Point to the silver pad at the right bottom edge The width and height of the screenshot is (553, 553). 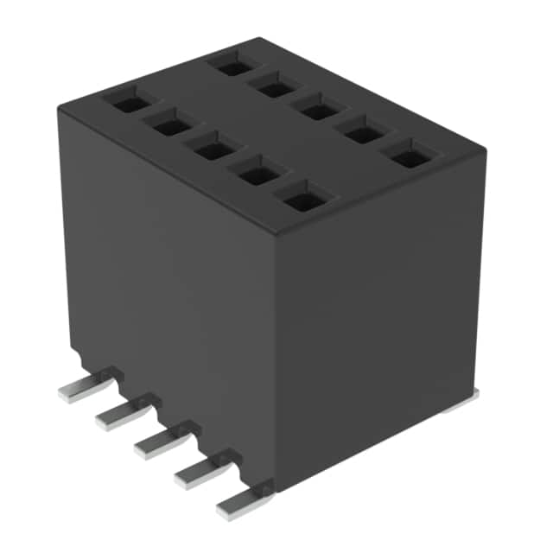pos(463,398)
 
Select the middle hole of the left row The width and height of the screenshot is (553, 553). pos(212,149)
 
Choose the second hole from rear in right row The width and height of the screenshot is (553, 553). pos(275,87)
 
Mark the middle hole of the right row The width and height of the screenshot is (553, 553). pos(319,111)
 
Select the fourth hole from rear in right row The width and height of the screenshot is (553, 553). pos(364,135)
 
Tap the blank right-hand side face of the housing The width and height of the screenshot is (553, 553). pos(380,320)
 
